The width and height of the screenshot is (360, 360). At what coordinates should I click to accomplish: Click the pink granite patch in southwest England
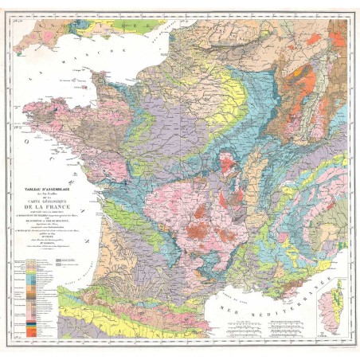tap(24, 36)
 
